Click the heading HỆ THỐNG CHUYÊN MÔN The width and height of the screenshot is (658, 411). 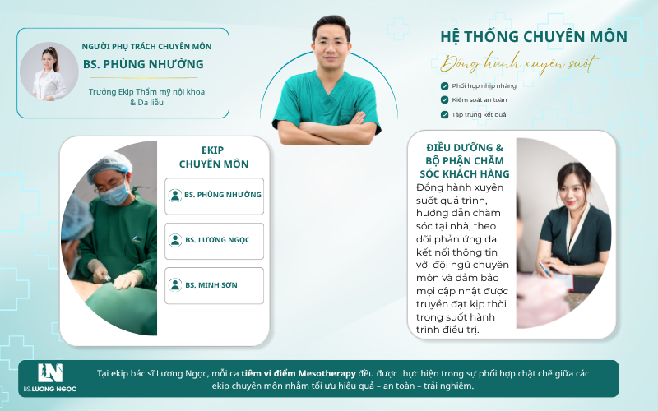coord(533,37)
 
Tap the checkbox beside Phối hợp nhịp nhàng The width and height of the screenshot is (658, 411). coord(444,86)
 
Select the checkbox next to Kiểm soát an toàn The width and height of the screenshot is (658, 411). coord(444,99)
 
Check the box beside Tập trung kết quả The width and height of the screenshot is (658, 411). coord(444,114)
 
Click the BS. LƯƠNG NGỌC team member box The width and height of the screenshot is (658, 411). coord(214,241)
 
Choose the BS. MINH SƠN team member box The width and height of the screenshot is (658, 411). coord(214,285)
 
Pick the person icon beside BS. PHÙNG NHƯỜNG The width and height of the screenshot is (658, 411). coord(175,195)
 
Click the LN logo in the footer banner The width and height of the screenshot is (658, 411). coord(50,373)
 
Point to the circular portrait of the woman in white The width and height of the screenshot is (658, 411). coord(49,72)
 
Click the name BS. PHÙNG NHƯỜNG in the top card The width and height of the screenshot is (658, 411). coord(143,64)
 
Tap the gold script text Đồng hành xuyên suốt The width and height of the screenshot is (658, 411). coord(519,64)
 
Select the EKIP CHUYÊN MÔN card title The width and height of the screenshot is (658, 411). coord(214,157)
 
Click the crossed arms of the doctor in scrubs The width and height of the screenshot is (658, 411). coord(326,130)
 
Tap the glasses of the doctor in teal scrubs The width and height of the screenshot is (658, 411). coord(331,43)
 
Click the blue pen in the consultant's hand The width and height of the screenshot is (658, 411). coord(544,270)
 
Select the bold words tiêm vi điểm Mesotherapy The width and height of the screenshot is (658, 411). coord(299,373)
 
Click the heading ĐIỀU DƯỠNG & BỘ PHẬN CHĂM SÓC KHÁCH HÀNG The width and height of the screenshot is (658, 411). coord(465,160)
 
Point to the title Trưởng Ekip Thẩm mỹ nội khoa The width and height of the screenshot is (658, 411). coord(146,92)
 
